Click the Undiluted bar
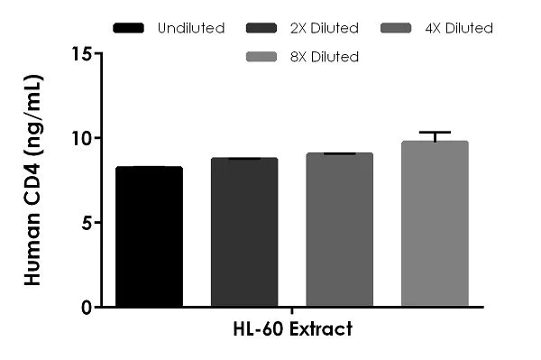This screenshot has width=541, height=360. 150,237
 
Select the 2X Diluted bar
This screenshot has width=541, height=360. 244,233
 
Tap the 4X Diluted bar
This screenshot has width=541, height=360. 339,230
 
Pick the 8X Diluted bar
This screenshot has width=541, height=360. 435,225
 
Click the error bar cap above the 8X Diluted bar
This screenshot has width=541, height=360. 435,133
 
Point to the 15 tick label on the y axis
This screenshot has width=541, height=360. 83,54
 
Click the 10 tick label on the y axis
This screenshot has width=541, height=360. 83,138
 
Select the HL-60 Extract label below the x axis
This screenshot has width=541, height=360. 292,328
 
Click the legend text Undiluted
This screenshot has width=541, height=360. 190,28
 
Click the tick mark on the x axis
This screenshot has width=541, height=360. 292,311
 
